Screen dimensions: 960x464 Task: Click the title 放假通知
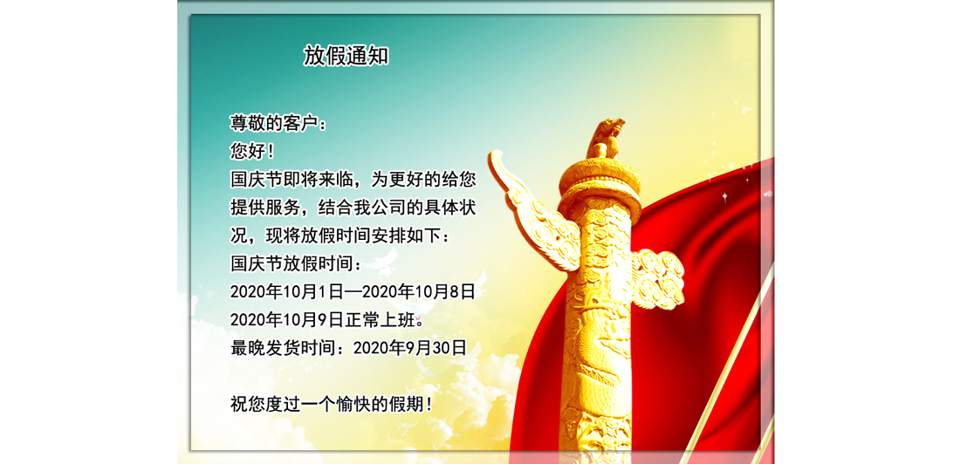click(x=346, y=56)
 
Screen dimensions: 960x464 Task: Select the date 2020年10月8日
click(x=419, y=292)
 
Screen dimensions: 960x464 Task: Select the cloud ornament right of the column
click(x=657, y=278)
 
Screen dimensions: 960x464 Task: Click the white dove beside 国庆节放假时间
click(x=382, y=262)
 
